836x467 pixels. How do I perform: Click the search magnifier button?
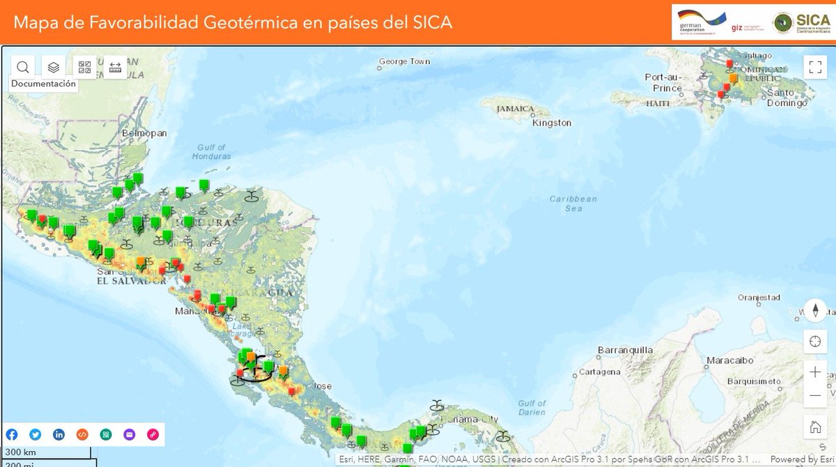coord(23,67)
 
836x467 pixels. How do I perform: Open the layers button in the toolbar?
coord(54,67)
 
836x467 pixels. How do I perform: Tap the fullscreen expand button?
coord(814,67)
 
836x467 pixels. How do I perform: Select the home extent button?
coord(814,427)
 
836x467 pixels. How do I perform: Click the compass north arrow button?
coord(814,309)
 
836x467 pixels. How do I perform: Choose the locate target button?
coord(814,342)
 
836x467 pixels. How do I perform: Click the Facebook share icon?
coord(12,434)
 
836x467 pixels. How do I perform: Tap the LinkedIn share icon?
coord(59,434)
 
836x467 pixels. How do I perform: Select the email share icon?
coord(129,434)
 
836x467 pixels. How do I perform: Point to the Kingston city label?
coord(552,123)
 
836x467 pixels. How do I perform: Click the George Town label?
coord(405,61)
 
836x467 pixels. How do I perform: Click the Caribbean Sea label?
coord(573,204)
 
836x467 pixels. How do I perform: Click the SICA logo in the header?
coord(801,22)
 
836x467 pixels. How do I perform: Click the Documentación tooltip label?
coord(43,84)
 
